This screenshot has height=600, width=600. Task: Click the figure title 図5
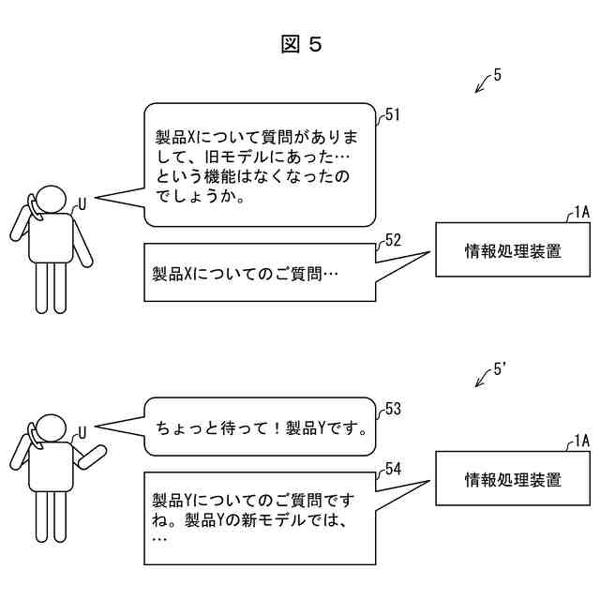(301, 45)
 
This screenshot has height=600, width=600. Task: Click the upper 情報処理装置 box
(513, 250)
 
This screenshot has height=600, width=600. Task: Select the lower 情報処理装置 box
(513, 480)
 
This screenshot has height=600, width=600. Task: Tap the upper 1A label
(580, 212)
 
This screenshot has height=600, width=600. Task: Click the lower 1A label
(580, 440)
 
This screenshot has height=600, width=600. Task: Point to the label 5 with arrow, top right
(497, 76)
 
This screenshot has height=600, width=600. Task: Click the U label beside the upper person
(82, 202)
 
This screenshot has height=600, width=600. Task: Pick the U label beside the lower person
(82, 432)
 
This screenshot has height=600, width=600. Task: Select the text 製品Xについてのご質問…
(246, 274)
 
